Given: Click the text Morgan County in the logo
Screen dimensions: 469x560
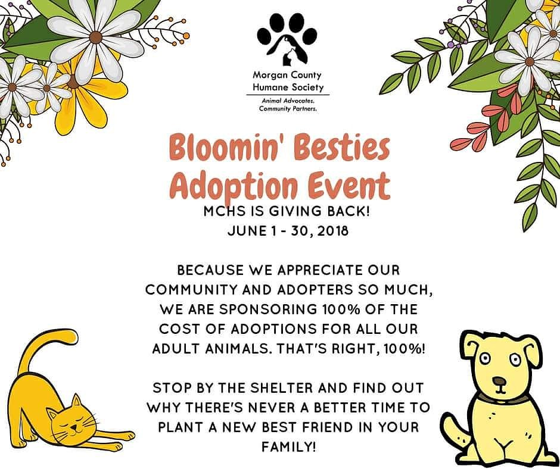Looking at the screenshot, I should pos(287,76).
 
